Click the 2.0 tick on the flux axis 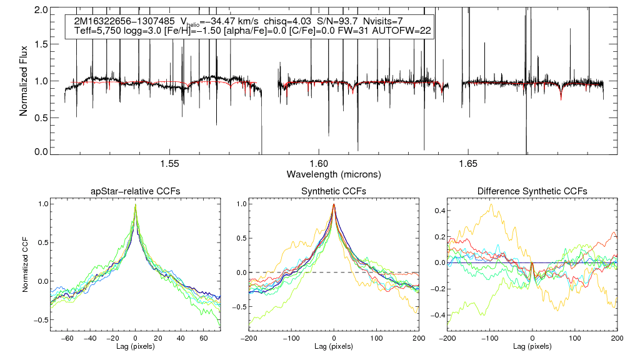coord(42,11)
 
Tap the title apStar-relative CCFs coord(136,191)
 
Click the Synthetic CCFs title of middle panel coord(334,191)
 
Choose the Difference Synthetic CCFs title coord(531,191)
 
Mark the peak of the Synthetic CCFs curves coord(334,204)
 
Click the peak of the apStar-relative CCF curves coord(136,204)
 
